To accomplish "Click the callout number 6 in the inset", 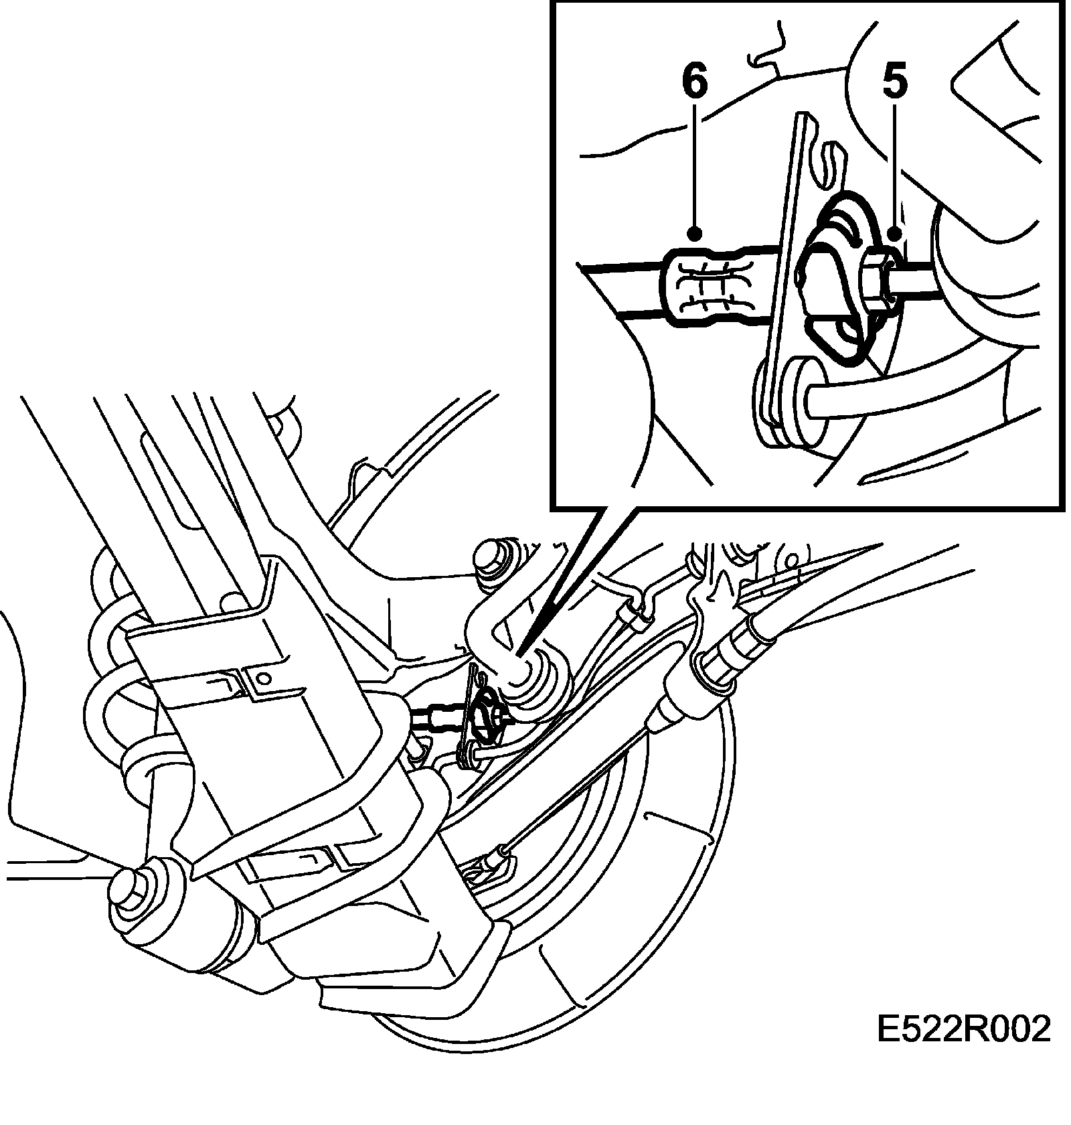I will pos(694,82).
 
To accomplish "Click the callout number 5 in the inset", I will pos(894,82).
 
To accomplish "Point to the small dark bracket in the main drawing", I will pos(482,717).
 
